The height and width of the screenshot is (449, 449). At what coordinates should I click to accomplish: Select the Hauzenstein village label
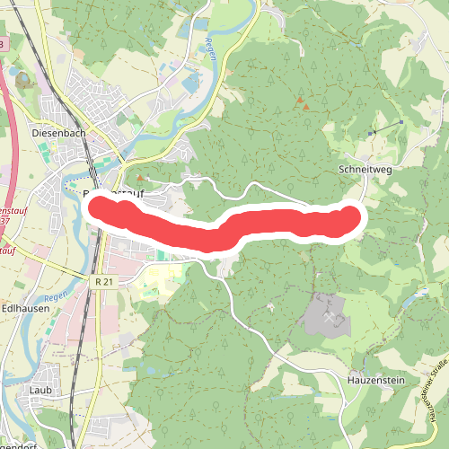click(376, 381)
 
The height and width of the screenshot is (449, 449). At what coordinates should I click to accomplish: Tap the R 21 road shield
click(104, 282)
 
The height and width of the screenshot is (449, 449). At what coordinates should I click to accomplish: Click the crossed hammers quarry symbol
click(329, 317)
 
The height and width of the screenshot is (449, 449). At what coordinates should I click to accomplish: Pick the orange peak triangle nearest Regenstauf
click(139, 178)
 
